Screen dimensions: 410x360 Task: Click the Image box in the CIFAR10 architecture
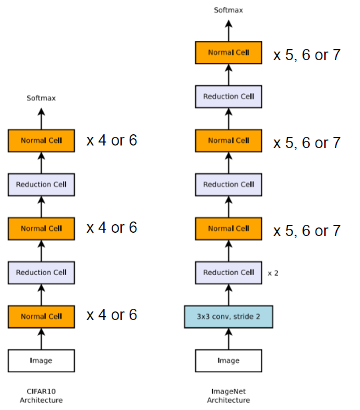tap(41, 360)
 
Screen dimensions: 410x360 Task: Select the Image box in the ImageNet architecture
tap(228, 360)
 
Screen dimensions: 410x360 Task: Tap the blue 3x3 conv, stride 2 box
tap(228, 317)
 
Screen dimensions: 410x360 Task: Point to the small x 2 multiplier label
tap(273, 272)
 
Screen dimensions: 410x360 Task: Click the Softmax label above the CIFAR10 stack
tap(41, 98)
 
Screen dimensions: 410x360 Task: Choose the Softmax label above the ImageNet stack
tap(228, 10)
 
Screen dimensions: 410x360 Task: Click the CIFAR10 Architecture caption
tap(41, 395)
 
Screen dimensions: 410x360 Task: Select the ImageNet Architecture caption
tap(228, 395)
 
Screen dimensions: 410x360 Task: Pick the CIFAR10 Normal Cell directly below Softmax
tap(41, 140)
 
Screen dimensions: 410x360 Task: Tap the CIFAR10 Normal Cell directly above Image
tap(41, 316)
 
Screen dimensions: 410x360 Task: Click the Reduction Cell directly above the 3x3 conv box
tap(228, 272)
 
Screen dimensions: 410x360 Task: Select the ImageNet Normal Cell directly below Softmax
tap(228, 52)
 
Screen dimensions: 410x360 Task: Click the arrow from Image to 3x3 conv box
tap(228, 339)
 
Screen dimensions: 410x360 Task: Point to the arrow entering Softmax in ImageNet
tap(228, 29)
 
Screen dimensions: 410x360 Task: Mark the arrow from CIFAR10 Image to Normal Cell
tap(41, 339)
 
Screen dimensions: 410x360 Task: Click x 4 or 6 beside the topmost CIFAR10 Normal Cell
tap(112, 140)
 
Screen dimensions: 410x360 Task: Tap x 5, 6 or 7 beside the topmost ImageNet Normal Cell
tap(307, 54)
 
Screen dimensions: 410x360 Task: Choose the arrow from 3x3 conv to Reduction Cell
tap(228, 295)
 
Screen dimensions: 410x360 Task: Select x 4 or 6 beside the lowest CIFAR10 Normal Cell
tap(112, 315)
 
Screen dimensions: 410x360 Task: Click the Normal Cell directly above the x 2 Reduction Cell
tap(228, 229)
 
